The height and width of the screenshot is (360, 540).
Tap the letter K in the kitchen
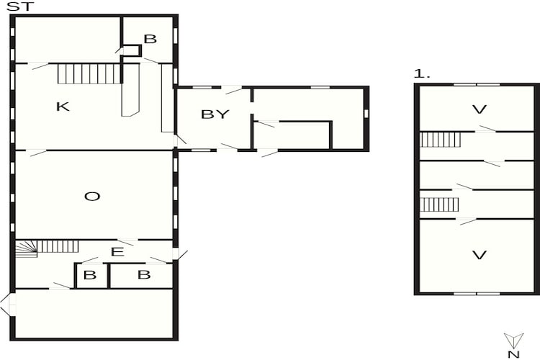coord(63,107)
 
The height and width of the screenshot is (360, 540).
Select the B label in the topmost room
coord(150,39)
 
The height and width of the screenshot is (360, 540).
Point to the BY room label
coord(215,114)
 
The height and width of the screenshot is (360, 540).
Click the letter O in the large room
coord(91,196)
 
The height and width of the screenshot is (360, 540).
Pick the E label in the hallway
coord(117,251)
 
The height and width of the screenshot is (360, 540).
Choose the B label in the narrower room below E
coord(90,274)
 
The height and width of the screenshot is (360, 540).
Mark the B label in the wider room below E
coord(143,274)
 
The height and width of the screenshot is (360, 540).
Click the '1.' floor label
coord(421,73)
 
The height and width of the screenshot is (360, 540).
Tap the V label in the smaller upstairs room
coord(479,109)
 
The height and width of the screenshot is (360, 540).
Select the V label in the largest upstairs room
coord(479,254)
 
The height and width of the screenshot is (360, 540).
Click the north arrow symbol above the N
coord(513,339)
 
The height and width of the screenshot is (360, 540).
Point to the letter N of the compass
coord(513,354)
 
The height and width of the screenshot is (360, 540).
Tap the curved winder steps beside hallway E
coord(27,248)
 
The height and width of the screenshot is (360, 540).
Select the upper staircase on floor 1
coord(440,139)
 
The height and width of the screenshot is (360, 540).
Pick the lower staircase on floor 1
coord(439,204)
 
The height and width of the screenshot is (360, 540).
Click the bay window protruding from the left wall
coord(7,304)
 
